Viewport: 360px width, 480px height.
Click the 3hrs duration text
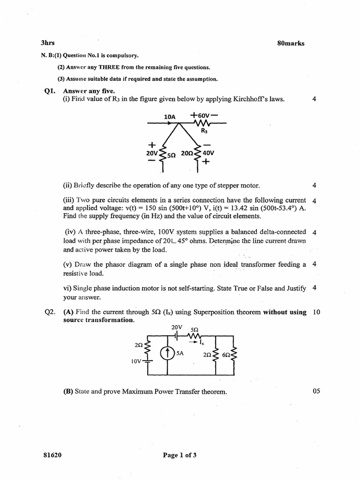48,43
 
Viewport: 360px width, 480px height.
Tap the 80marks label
291,43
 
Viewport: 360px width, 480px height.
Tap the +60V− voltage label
204,115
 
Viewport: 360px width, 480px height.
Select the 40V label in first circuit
209,153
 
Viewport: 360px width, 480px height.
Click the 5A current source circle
167,353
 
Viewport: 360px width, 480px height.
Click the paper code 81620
52,455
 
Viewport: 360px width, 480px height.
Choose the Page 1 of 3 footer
180,455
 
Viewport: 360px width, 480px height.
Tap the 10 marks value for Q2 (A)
316,312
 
